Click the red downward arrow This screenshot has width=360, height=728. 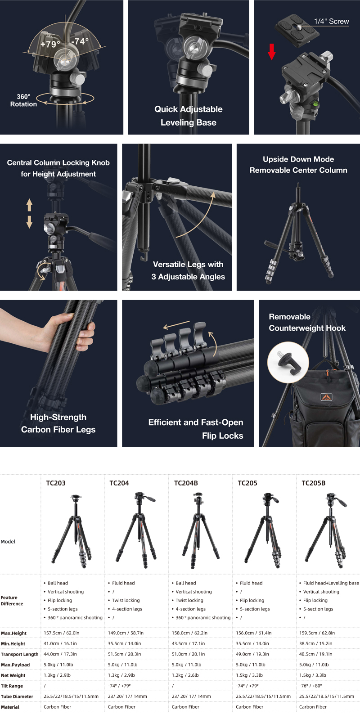point(272,52)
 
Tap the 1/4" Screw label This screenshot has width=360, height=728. point(331,22)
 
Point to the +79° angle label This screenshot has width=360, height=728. point(50,44)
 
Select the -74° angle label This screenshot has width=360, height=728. point(80,41)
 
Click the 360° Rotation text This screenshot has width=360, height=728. point(23,100)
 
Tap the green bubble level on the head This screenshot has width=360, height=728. point(315,105)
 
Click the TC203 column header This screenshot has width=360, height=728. point(56,483)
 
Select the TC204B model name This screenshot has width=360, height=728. point(186,483)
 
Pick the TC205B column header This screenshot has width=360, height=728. point(313,483)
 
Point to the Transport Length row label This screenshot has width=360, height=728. point(19,654)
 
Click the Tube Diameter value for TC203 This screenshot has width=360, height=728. point(71,696)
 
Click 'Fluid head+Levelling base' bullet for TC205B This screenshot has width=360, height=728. point(331,583)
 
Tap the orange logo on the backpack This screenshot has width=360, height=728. point(326,397)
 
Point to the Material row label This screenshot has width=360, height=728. point(10,707)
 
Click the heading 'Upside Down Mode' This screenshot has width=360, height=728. point(298,159)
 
